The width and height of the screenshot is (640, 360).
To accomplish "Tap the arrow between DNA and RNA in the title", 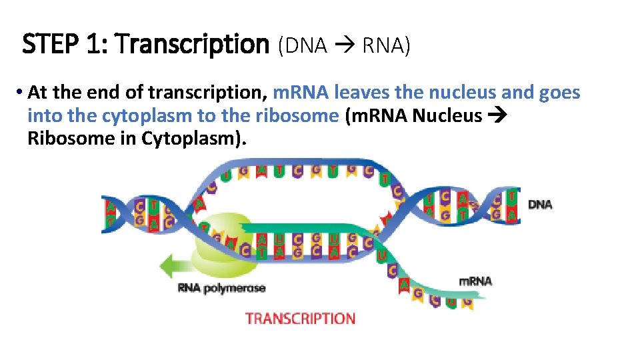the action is (x=345, y=45).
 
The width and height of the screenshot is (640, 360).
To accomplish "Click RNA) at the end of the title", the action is (x=387, y=45).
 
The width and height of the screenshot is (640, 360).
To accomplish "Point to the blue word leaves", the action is (x=361, y=93).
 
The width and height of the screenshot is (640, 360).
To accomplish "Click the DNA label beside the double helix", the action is (x=540, y=204).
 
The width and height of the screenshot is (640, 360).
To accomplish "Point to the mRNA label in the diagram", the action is (x=475, y=281).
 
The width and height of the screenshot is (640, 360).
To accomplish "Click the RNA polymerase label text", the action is (x=221, y=288).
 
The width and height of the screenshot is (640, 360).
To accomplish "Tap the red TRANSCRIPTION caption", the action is (x=300, y=318).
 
